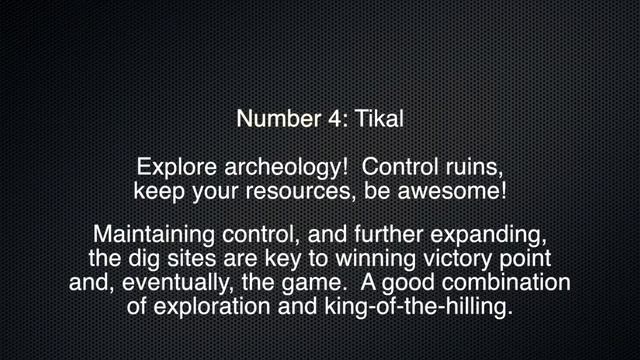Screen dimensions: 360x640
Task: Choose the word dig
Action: (x=144, y=259)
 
